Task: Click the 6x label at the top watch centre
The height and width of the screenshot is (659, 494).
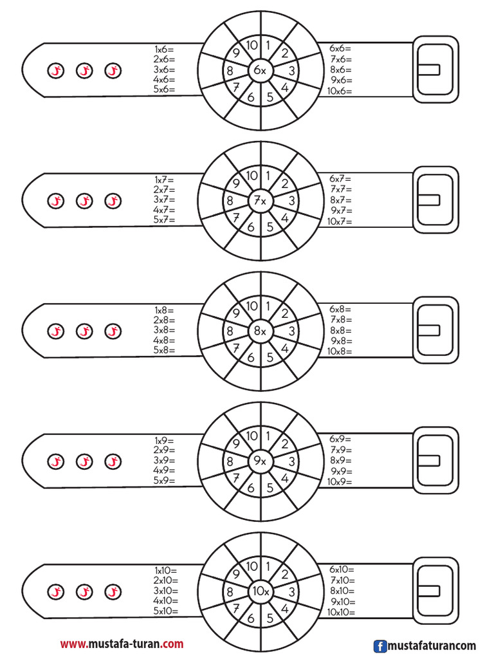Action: [260, 71]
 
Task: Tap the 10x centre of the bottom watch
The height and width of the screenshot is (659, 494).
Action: [261, 591]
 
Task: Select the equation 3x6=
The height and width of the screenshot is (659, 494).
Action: [164, 70]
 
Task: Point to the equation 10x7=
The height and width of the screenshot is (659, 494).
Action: [340, 221]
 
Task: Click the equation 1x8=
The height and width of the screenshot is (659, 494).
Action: [164, 310]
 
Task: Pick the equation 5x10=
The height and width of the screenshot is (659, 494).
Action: [166, 611]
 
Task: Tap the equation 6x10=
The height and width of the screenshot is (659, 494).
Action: [342, 570]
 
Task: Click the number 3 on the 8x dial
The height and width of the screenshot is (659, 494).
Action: [292, 331]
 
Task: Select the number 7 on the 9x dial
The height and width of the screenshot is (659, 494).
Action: [236, 478]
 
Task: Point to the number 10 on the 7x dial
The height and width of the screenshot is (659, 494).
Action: [252, 175]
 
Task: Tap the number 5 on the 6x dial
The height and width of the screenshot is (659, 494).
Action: [270, 97]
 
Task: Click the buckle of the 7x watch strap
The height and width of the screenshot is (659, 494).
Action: [435, 200]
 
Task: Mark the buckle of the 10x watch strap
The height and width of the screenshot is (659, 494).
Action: [435, 591]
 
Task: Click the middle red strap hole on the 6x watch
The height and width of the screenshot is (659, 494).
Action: [84, 71]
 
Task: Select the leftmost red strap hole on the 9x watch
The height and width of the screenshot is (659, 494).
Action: [56, 461]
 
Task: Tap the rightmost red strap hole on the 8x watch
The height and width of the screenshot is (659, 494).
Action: [113, 331]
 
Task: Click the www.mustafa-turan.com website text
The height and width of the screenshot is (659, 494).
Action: [122, 644]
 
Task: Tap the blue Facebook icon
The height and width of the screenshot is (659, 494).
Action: [380, 646]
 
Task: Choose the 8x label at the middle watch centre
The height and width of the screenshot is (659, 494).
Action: [260, 331]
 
